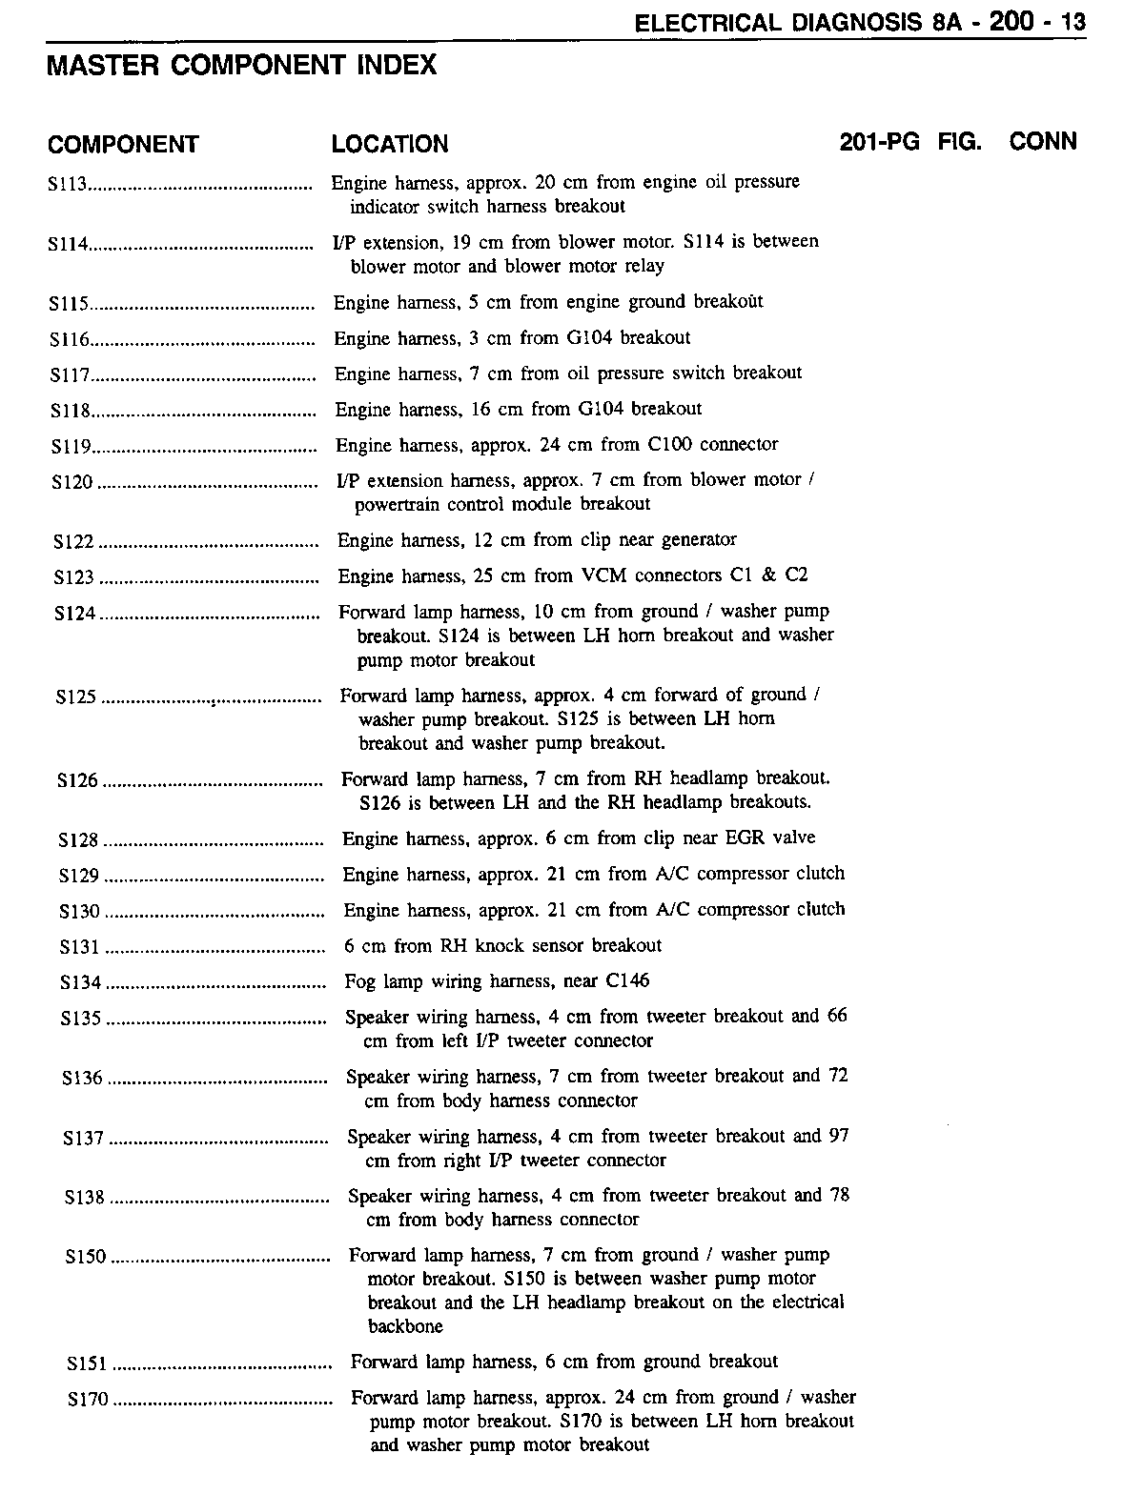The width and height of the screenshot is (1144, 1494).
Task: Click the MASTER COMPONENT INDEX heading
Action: tap(241, 65)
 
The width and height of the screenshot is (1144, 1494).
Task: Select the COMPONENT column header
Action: tap(123, 145)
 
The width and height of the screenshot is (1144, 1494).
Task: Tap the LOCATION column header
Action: tap(390, 145)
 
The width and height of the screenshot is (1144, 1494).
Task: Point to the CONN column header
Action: tap(1043, 142)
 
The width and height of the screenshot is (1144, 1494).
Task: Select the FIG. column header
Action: tap(960, 143)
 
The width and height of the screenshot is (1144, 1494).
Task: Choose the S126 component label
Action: tap(77, 781)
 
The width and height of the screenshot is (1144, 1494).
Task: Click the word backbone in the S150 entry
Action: tap(406, 1326)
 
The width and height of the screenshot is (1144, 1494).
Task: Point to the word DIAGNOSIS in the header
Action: tap(858, 23)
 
